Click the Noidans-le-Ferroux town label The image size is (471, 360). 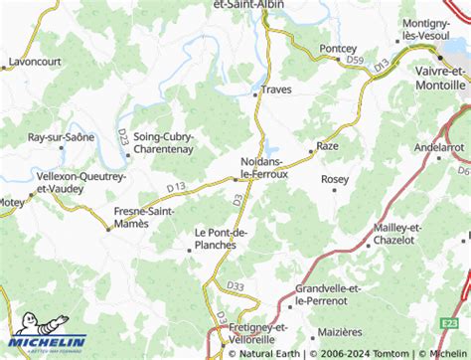[x=264, y=167]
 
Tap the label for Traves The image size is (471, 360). [x=276, y=90]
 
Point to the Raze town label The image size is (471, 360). [x=327, y=146]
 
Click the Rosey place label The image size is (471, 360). [x=335, y=179]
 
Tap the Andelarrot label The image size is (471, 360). [x=439, y=147]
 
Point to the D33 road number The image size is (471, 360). [x=235, y=287]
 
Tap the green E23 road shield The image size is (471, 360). [x=450, y=323]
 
